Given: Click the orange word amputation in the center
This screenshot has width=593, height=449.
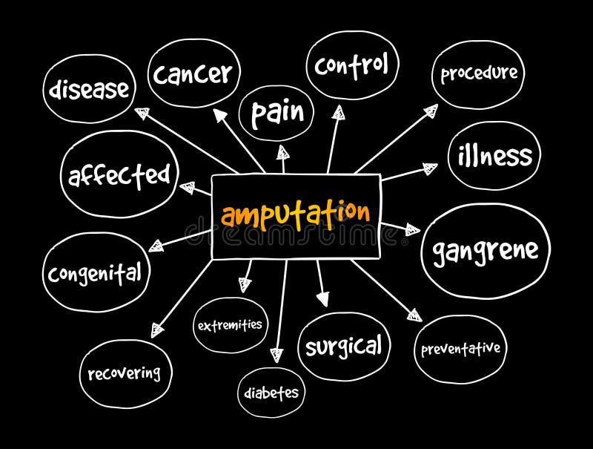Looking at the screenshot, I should click(295, 214).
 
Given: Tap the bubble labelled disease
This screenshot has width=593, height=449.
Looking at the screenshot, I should click(89, 90).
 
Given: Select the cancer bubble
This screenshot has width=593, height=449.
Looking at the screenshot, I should click(193, 73).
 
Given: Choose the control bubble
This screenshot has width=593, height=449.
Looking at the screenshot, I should click(351, 65).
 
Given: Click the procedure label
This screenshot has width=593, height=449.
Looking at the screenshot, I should click(479, 73).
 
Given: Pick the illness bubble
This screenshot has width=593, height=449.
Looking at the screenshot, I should click(494, 156).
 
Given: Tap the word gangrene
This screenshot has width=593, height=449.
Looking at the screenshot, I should click(486, 251).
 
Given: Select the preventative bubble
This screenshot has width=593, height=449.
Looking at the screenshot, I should click(460, 349).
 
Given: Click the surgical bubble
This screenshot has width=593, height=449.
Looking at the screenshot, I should click(344, 346).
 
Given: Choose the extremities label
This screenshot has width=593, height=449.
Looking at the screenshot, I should click(230, 325).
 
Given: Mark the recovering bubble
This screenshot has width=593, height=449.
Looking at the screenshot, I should click(125, 373).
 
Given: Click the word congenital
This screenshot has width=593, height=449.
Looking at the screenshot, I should click(95, 273).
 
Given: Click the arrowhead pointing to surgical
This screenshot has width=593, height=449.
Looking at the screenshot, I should click(322, 298).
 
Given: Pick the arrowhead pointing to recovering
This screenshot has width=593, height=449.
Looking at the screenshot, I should click(157, 329).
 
